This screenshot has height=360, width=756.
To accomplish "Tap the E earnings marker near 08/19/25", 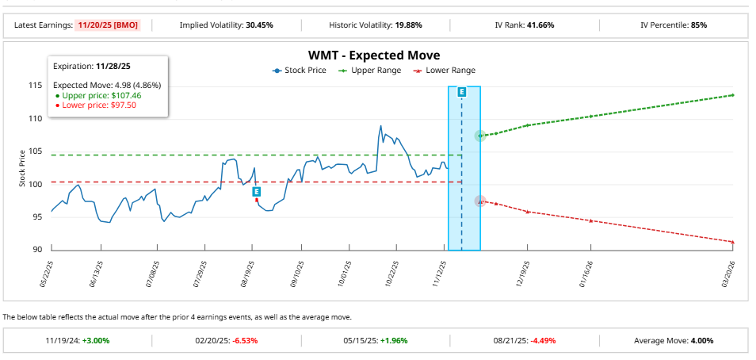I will click(257, 191).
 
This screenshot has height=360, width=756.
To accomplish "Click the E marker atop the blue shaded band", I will click(462, 92).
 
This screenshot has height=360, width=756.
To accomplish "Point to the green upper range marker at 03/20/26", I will click(732, 95).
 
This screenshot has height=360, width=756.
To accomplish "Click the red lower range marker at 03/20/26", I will click(732, 241).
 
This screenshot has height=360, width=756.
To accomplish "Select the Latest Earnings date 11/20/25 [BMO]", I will click(108, 25).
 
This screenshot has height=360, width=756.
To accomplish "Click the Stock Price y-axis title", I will click(21, 168).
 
